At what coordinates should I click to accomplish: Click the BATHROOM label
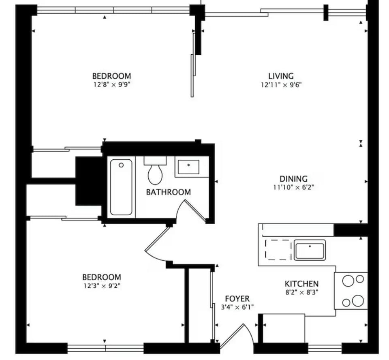pyautogui.click(x=168, y=192)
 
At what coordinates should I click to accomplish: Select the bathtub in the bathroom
pyautogui.click(x=121, y=187)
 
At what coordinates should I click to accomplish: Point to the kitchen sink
pyautogui.click(x=310, y=250)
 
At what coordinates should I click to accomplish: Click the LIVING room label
pyautogui.click(x=281, y=76)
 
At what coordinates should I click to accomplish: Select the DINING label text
pyautogui.click(x=293, y=178)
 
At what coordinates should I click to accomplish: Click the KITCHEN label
pyautogui.click(x=301, y=284)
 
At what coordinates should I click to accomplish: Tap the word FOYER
pyautogui.click(x=237, y=299)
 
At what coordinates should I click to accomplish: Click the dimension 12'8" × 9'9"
pyautogui.click(x=111, y=85)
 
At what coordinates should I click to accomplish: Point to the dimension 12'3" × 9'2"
pyautogui.click(x=101, y=286)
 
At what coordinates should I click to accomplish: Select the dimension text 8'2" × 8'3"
pyautogui.click(x=301, y=292)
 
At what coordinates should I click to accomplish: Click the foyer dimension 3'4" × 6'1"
pyautogui.click(x=237, y=307)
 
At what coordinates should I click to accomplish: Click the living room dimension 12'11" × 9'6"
pyautogui.click(x=281, y=85)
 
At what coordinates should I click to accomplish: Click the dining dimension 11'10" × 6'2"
pyautogui.click(x=294, y=187)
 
